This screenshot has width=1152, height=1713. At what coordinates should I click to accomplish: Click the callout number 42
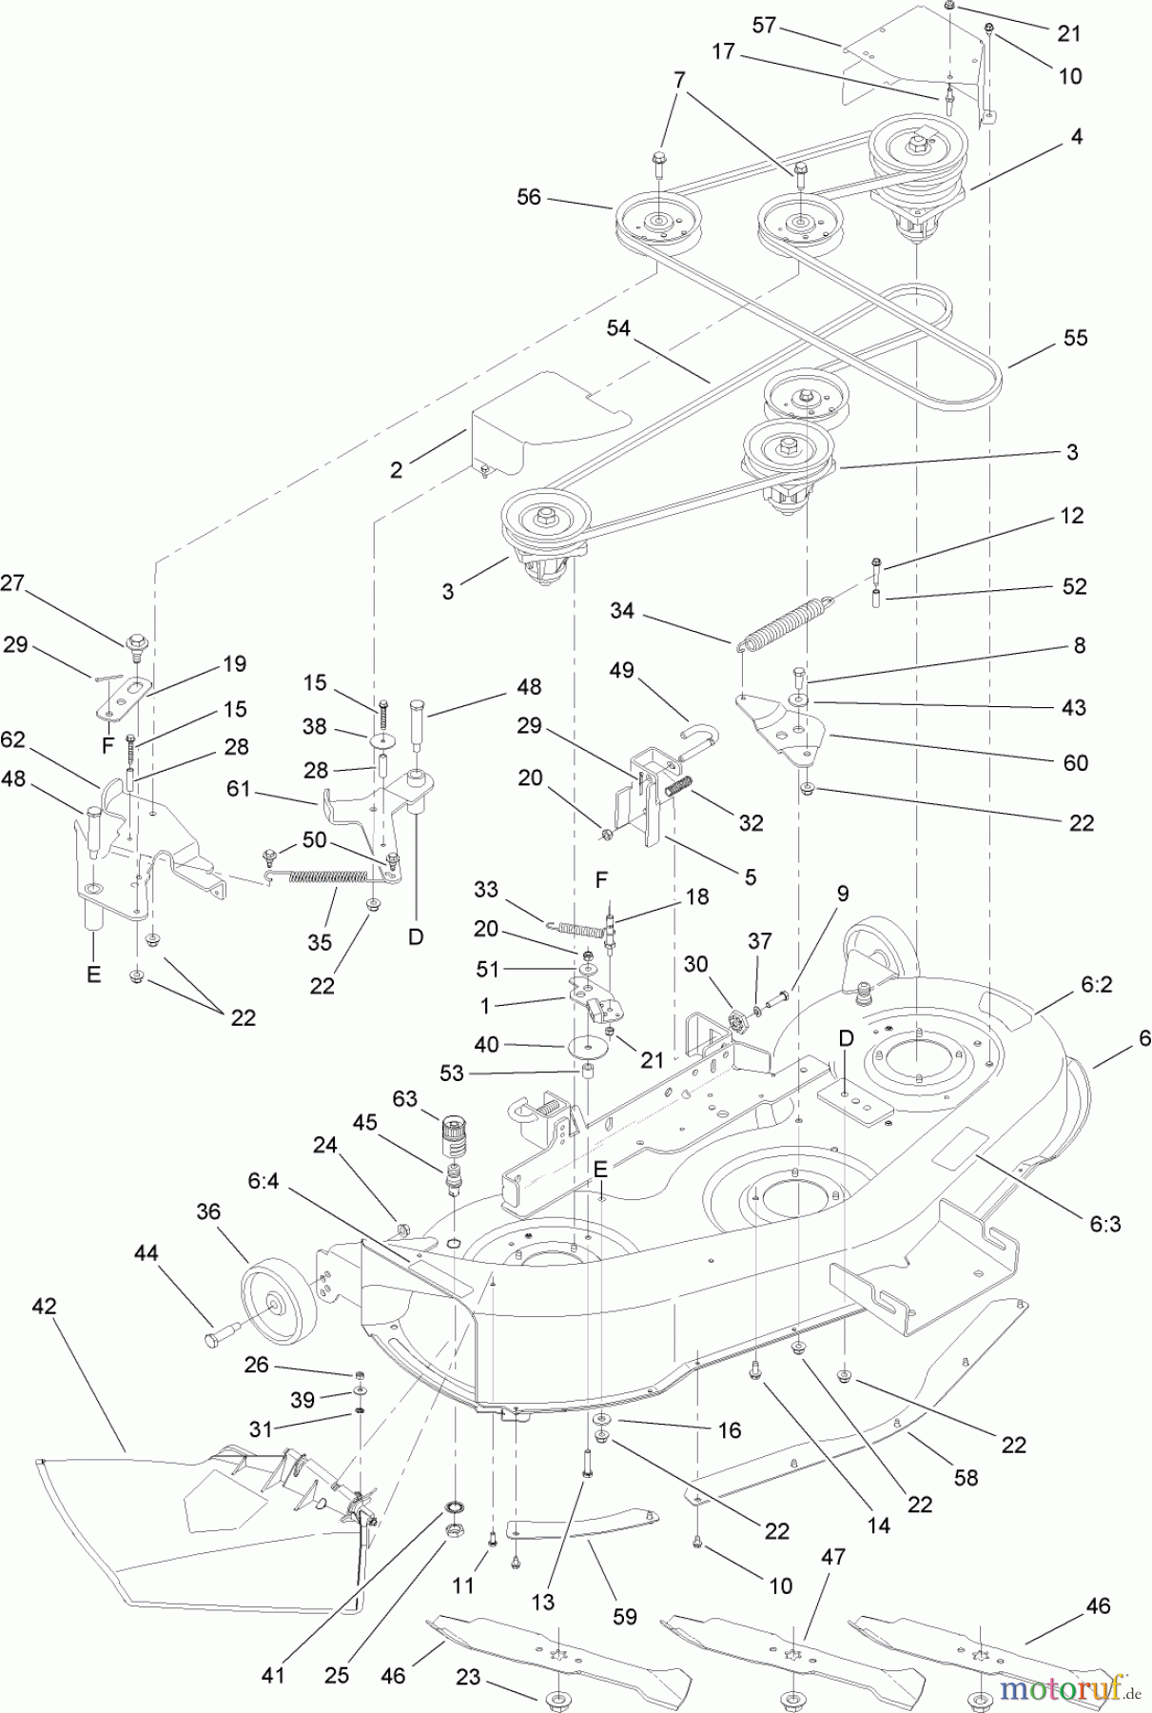point(44,1306)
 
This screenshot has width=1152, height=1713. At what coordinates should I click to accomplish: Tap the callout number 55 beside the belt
point(1075,338)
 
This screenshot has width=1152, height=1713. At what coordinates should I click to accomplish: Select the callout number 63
point(405,1099)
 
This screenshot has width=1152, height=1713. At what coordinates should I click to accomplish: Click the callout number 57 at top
point(764,25)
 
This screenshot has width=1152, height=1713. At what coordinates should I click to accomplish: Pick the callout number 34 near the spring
point(621,610)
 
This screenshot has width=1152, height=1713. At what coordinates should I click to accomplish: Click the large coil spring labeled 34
point(786,624)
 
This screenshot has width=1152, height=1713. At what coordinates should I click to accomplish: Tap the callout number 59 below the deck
point(625,1616)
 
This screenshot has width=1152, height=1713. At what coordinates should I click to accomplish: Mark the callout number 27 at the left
point(11,583)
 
